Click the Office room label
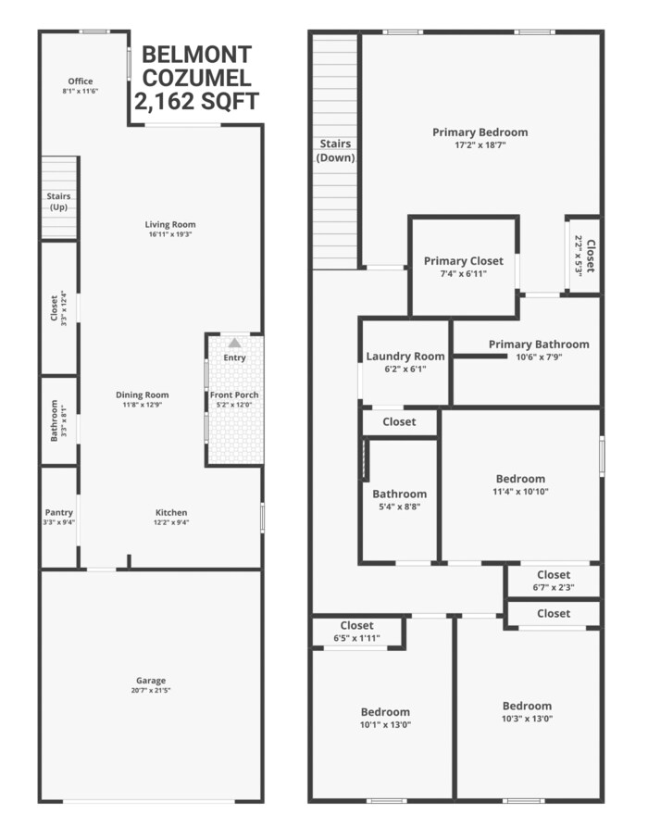81,81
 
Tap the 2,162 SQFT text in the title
196,101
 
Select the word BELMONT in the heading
196,54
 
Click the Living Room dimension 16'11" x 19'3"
170,234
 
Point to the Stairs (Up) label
58,201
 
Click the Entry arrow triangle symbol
234,342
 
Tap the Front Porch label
234,395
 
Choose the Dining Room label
143,394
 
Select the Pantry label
58,512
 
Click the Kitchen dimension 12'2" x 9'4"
171,523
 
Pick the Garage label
149,680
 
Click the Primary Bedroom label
480,132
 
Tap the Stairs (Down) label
335,150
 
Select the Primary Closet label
464,261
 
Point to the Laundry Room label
405,357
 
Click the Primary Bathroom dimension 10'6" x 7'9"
526,357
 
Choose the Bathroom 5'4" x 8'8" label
399,495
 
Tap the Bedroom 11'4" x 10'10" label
520,479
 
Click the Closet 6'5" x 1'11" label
356,626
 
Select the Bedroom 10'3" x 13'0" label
527,706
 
